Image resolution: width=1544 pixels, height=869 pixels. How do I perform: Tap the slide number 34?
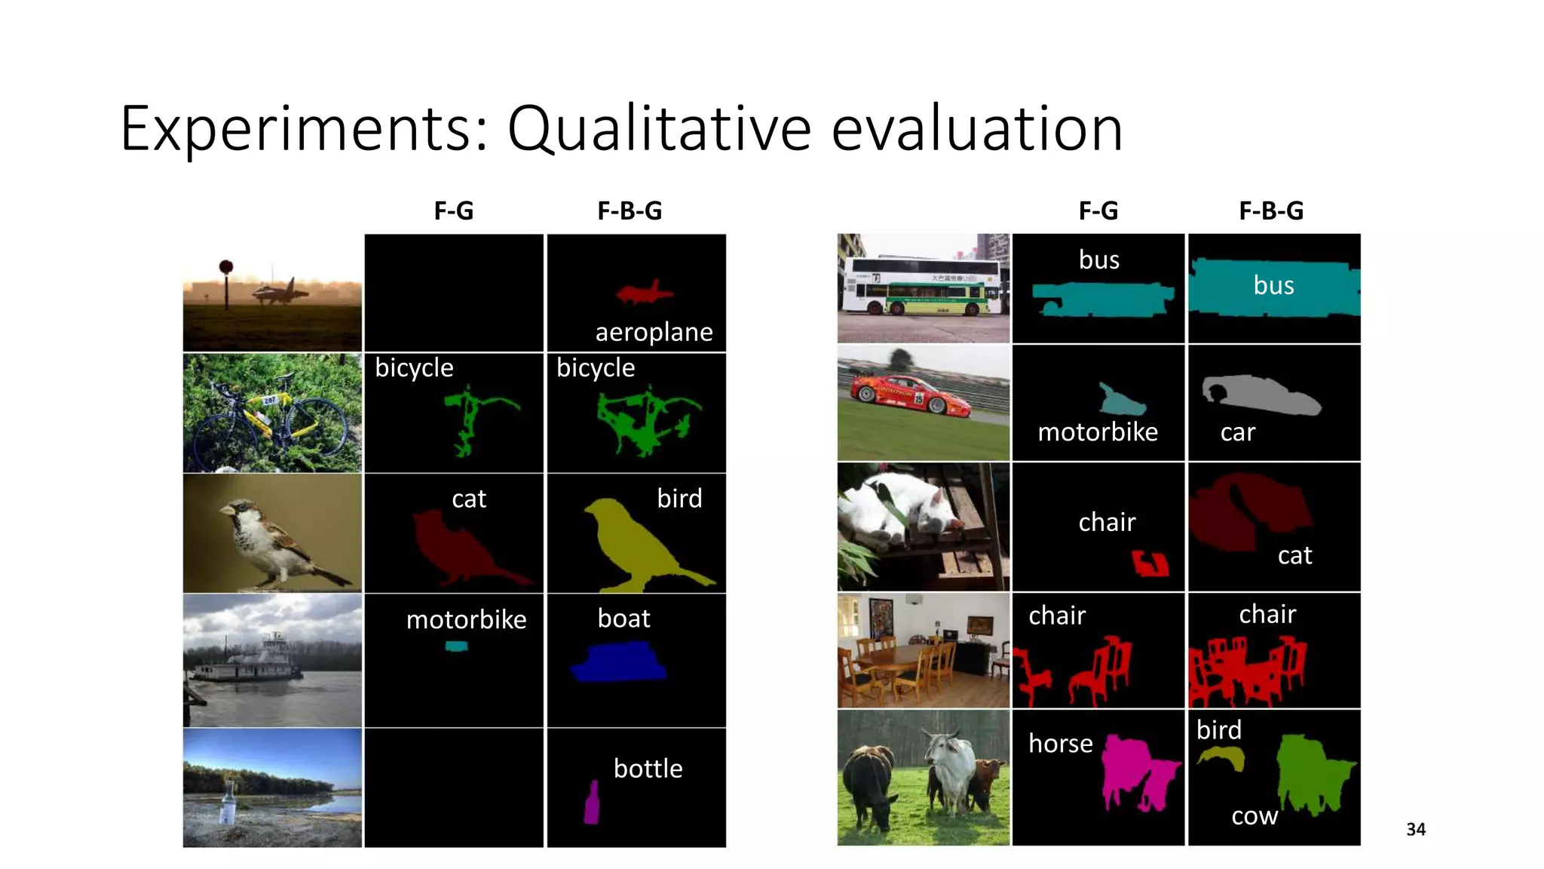(x=1415, y=829)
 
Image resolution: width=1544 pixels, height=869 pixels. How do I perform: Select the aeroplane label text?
(x=654, y=332)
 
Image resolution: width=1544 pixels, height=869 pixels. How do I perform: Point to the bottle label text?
(x=648, y=768)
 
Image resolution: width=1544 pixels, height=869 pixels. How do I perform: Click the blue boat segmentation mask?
(x=619, y=663)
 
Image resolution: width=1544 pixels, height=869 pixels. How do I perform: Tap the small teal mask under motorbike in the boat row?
(x=456, y=646)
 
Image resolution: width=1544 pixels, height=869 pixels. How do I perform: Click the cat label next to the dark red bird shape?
(x=469, y=499)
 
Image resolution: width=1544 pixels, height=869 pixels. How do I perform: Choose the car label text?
(x=1237, y=432)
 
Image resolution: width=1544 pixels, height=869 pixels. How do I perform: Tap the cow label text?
(x=1254, y=815)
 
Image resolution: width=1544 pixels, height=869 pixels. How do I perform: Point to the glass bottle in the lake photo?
(x=227, y=804)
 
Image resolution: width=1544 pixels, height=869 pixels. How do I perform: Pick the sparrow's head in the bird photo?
(x=240, y=513)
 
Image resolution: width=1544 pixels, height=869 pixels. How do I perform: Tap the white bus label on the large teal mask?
(x=1273, y=285)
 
